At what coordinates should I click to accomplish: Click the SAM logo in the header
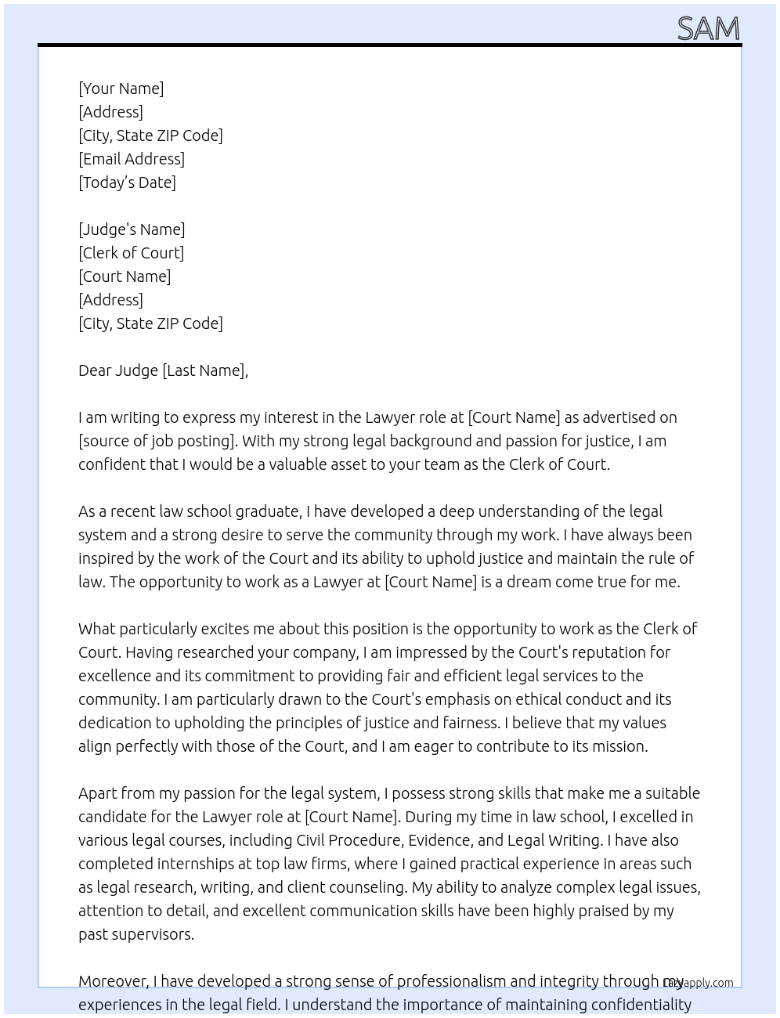(x=708, y=29)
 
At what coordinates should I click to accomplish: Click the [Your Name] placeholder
(x=121, y=88)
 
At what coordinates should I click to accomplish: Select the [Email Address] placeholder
(x=132, y=159)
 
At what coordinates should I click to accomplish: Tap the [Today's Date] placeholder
(x=127, y=182)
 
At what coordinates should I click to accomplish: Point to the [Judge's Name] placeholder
(x=132, y=229)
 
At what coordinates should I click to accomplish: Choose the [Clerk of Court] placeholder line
(x=131, y=253)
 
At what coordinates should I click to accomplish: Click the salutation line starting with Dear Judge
(x=163, y=370)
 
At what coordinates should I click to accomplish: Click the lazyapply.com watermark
(x=699, y=983)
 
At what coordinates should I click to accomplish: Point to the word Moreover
(x=114, y=981)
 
